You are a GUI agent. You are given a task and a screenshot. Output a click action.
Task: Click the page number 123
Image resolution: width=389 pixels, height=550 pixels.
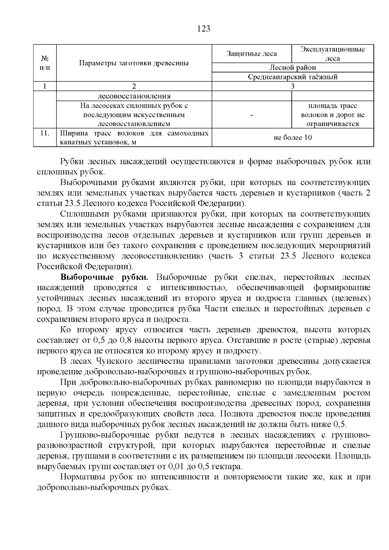pyautogui.click(x=204, y=29)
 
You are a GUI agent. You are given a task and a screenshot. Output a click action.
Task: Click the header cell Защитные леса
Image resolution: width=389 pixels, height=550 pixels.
pyautogui.click(x=252, y=54)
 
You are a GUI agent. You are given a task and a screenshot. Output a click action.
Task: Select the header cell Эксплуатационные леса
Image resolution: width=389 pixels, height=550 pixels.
pyautogui.click(x=332, y=54)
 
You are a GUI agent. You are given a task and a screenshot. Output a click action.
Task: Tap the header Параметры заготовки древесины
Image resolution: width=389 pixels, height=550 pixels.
pyautogui.click(x=134, y=63)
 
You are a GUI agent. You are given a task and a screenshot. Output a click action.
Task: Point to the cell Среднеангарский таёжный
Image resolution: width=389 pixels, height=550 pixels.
pyautogui.click(x=292, y=77)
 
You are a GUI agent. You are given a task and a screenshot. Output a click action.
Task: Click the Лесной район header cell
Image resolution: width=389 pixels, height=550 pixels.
pyautogui.click(x=292, y=67)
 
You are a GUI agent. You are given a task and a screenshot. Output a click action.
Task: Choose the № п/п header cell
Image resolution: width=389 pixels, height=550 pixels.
pyautogui.click(x=45, y=63)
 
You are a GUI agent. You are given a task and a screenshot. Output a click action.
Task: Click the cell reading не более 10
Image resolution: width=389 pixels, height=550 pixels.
pyautogui.click(x=292, y=138)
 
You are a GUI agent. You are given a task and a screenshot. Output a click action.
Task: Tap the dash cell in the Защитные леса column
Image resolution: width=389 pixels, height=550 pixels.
pyautogui.click(x=252, y=115)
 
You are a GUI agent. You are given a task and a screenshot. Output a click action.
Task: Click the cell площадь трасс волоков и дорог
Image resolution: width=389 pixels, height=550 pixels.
pyautogui.click(x=332, y=115)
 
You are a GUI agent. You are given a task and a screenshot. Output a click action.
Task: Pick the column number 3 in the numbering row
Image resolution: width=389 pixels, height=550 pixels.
pyautogui.click(x=292, y=86)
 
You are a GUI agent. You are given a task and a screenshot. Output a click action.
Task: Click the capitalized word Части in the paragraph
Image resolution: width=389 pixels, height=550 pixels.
pyautogui.click(x=216, y=309)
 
